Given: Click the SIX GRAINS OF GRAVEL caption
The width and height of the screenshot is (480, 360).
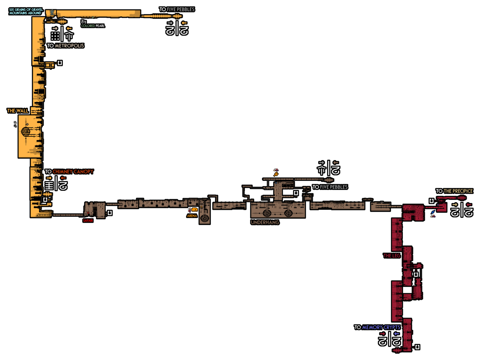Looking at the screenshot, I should (x=26, y=11).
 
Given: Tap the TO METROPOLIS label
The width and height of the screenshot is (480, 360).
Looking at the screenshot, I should (x=65, y=46).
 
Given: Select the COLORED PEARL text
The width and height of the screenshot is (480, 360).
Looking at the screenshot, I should (x=93, y=26).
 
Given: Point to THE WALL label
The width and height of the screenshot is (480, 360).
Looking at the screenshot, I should (x=18, y=111).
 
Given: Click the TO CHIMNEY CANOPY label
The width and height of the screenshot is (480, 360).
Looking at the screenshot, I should (x=69, y=172).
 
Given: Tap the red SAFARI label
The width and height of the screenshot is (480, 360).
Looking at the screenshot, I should (x=88, y=221).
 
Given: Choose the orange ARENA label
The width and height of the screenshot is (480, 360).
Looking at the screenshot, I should (x=192, y=216).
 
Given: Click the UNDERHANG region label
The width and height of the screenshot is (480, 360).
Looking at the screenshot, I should (x=265, y=222).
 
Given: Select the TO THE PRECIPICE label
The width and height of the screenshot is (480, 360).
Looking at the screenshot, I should (x=454, y=191).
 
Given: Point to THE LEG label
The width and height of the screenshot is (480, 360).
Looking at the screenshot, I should (x=391, y=256).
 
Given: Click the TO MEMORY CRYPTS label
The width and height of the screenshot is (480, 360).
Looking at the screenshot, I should (x=377, y=327).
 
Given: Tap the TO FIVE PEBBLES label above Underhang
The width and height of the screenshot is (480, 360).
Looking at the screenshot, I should (x=330, y=187).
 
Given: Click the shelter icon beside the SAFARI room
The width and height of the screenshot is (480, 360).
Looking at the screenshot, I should (x=110, y=213).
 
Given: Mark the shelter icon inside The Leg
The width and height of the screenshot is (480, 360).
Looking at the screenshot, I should (x=416, y=274).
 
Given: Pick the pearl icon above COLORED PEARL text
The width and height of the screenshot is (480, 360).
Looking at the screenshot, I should (x=83, y=22).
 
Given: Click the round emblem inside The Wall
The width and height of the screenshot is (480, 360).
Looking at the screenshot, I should (x=26, y=131).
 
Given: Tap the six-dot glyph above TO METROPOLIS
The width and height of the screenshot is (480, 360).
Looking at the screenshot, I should (x=55, y=36).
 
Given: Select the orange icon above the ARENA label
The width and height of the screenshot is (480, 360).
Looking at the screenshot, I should (x=194, y=210).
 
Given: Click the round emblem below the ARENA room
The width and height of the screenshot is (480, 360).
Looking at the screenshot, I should (x=204, y=218).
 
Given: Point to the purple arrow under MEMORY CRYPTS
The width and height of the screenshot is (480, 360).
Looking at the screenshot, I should (x=396, y=334).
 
